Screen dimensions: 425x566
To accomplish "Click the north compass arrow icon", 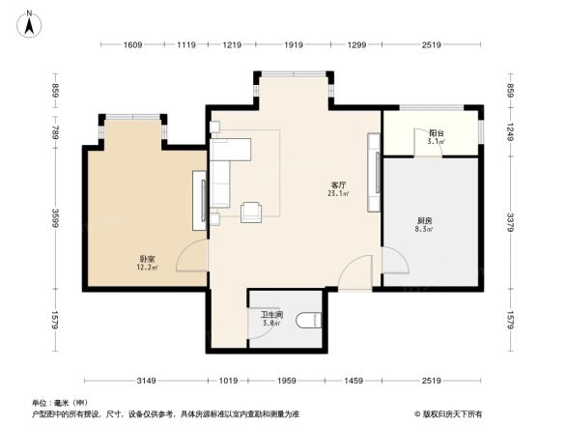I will click(30, 21).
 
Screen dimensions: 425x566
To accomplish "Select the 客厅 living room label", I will click(338, 184).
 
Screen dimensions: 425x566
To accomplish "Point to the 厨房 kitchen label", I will click(422, 221).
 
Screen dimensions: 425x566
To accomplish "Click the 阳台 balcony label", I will click(436, 133).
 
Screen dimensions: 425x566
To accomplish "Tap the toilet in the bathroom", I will click(307, 320).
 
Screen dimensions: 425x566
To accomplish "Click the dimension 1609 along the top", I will click(133, 45).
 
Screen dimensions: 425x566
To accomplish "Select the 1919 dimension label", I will click(295, 45).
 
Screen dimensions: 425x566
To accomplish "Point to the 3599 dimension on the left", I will click(57, 218).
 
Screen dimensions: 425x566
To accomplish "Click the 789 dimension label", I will click(57, 130).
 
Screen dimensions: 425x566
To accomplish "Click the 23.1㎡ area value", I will click(338, 193).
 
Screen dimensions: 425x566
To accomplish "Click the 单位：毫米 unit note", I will click(60, 402).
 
